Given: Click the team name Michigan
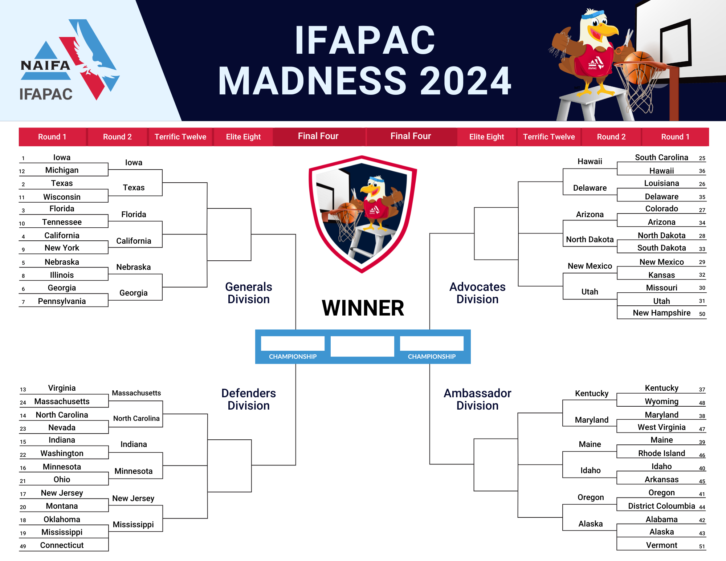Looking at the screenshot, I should point(62,170).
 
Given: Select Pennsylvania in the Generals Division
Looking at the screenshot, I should point(62,301).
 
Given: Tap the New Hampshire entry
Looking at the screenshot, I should point(661,313).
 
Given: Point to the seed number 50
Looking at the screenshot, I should point(702,314).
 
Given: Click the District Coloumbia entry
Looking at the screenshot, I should point(661,506).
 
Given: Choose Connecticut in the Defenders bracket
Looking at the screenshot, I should point(62,545).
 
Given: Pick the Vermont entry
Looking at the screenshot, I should point(661,545).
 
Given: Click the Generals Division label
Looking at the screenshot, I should point(249,293).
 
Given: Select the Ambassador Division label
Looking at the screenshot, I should point(477,399).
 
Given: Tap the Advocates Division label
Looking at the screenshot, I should point(477,293).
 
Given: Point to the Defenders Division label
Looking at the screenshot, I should point(249,399).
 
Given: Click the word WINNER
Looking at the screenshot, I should point(363,308).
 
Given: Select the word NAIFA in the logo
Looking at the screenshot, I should point(45,66).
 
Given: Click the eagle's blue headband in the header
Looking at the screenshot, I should point(594,15).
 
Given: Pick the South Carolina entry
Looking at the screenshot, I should point(661,158).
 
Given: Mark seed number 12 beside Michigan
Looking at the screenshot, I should point(22,171).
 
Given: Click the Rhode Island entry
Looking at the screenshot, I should point(661,454).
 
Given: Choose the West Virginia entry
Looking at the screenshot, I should point(661,427).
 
